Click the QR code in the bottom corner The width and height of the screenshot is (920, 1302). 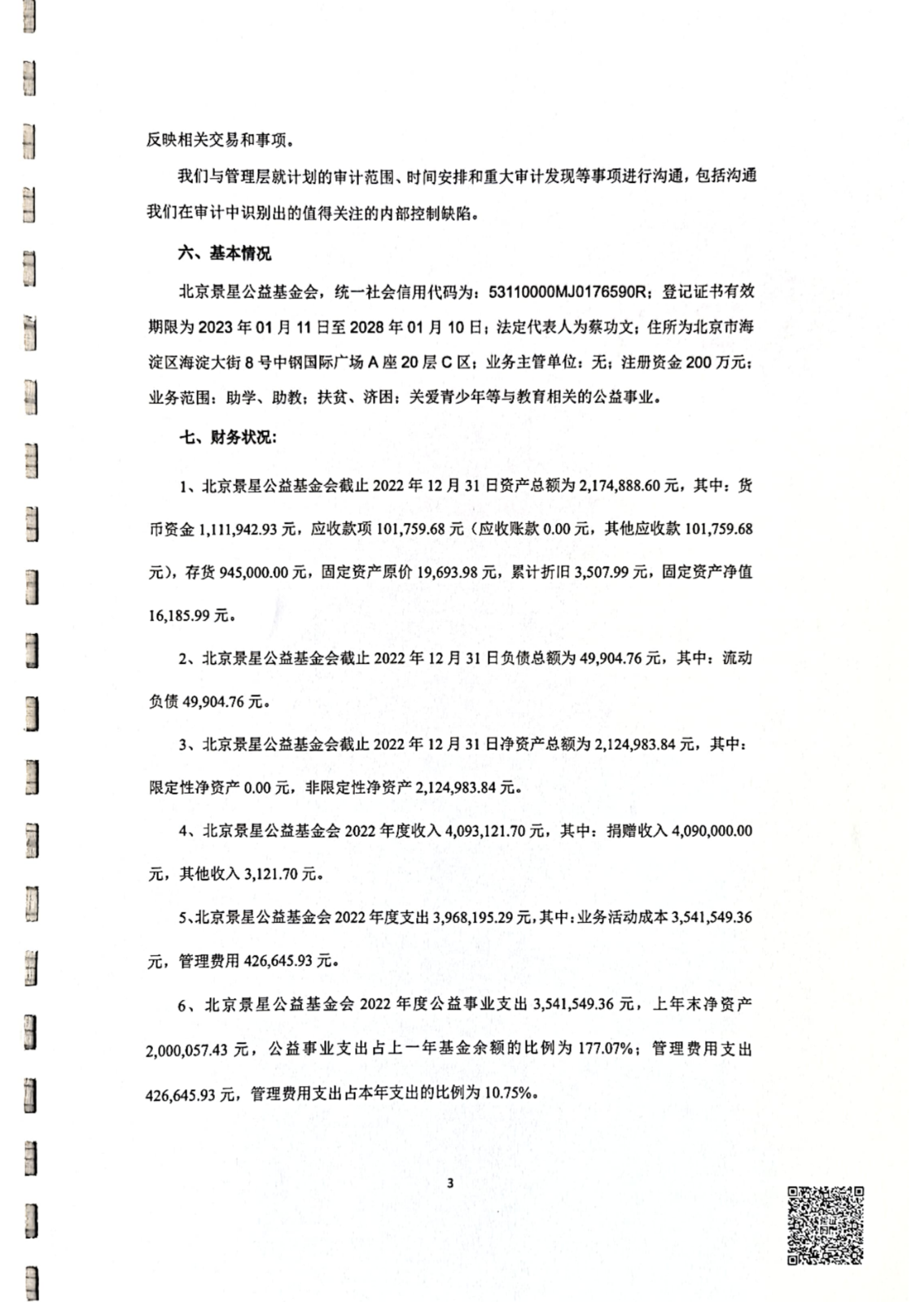pyautogui.click(x=824, y=1225)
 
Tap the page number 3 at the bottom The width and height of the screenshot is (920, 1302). pyautogui.click(x=450, y=1182)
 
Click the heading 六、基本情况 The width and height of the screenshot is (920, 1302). pyautogui.click(x=225, y=253)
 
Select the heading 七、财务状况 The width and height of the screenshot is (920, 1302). pyautogui.click(x=228, y=437)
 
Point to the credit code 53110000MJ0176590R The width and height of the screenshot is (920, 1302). pyautogui.click(x=567, y=291)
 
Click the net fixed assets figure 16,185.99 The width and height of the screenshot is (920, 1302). pyautogui.click(x=178, y=615)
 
